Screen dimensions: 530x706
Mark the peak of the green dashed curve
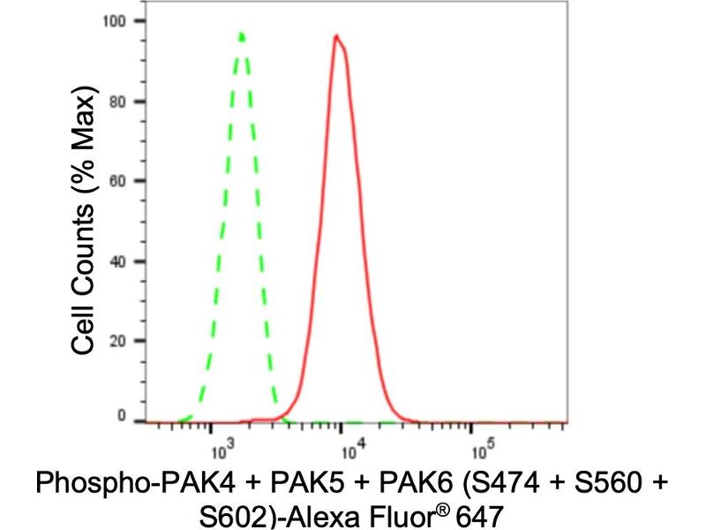click(242, 34)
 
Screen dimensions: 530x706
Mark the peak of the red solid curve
click(336, 36)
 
